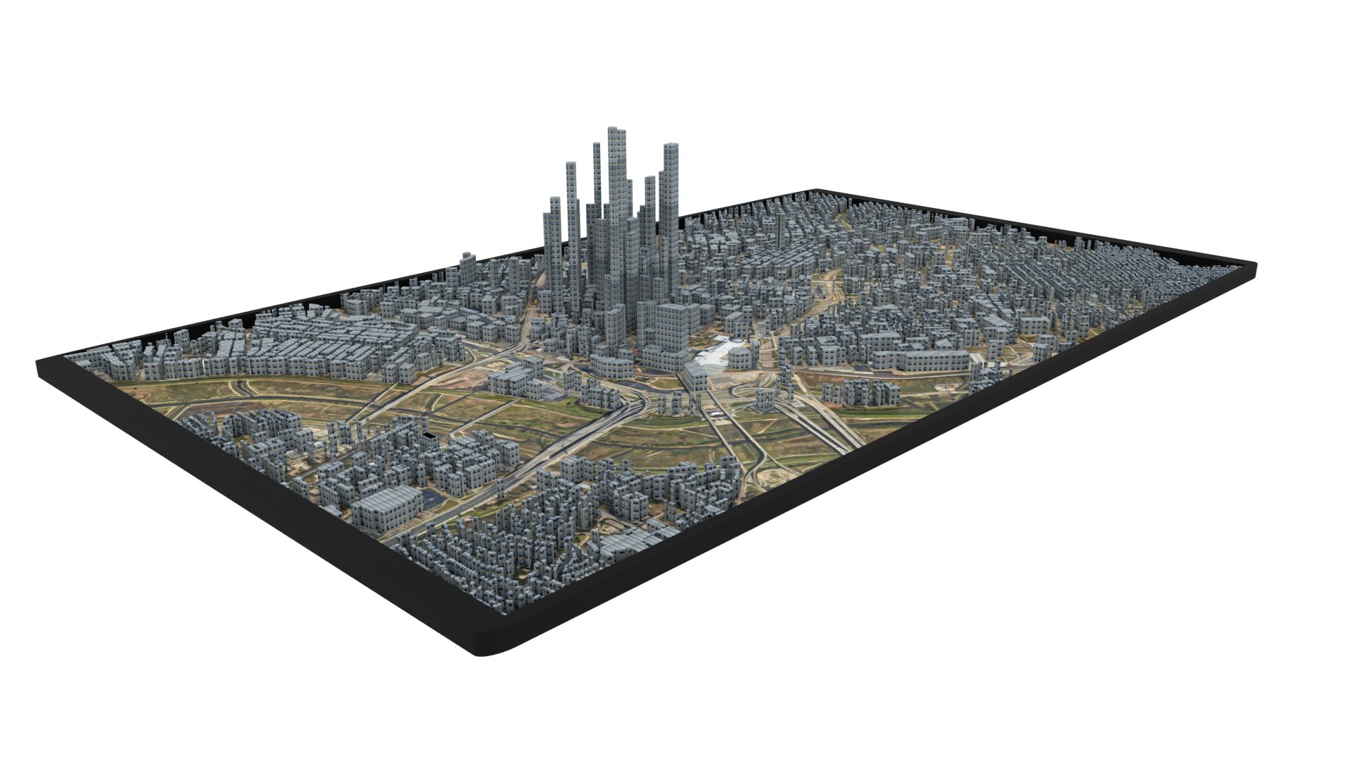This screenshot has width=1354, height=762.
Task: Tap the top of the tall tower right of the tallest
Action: click(x=671, y=147)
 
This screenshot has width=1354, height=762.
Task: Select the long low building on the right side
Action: click(x=920, y=361)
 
